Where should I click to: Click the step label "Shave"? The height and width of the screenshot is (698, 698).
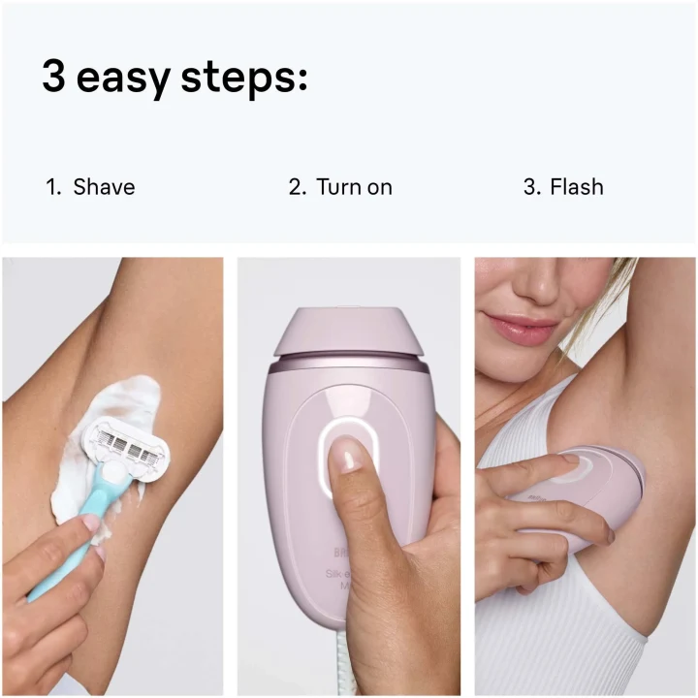[x=104, y=186]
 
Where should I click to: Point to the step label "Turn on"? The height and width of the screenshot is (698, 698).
[x=354, y=186]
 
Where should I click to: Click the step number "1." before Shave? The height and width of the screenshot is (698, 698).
[x=53, y=186]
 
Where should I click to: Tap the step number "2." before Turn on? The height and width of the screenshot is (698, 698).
[x=297, y=186]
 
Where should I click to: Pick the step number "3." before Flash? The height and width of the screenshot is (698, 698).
[x=531, y=186]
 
